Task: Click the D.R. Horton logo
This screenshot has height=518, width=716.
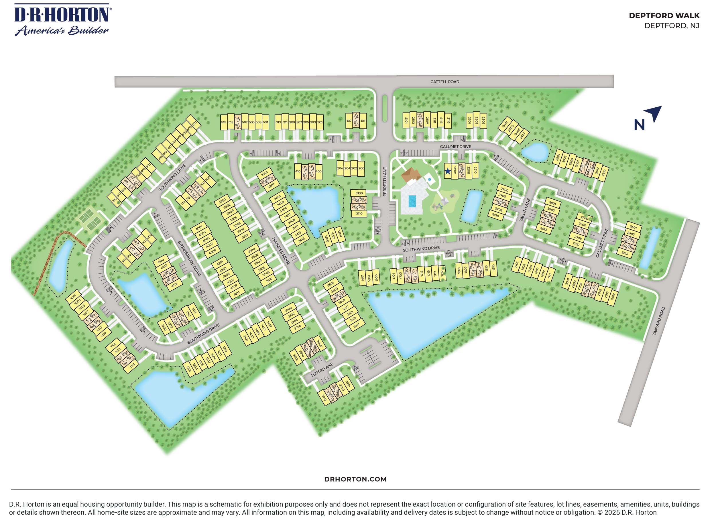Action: click(62, 19)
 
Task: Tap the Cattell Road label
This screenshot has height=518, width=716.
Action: click(444, 82)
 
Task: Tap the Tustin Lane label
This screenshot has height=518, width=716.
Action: click(322, 370)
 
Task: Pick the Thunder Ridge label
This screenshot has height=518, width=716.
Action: click(281, 251)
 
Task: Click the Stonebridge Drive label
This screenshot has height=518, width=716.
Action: click(189, 259)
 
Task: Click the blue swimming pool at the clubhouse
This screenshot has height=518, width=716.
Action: click(412, 201)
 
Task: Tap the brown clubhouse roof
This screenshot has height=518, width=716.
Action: click(411, 175)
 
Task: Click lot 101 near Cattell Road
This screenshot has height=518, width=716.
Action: click(363, 121)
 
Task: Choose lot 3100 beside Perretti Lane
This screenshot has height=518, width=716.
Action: click(359, 193)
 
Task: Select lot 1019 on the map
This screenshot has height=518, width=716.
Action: click(103, 334)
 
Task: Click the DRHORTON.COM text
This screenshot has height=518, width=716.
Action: click(355, 479)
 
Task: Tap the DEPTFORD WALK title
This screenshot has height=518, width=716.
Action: click(664, 15)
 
